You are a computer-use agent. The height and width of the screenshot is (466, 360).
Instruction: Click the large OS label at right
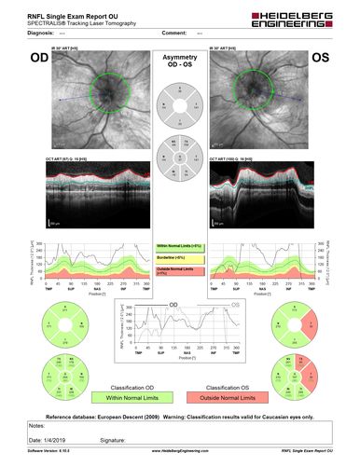[x=340, y=59]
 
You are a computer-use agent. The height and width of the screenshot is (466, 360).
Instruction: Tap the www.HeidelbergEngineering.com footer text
[x=179, y=459]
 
